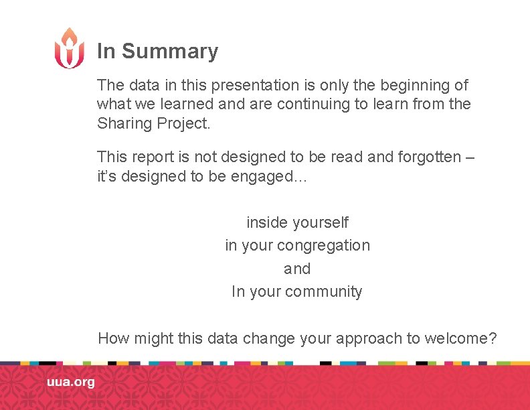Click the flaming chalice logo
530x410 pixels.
pyautogui.click(x=70, y=48)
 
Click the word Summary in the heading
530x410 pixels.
pyautogui.click(x=170, y=52)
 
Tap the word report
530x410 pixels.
pyautogui.click(x=149, y=157)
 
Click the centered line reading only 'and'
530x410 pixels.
pyautogui.click(x=297, y=269)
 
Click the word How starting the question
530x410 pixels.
pyautogui.click(x=114, y=338)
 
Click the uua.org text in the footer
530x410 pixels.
pyautogui.click(x=71, y=382)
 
